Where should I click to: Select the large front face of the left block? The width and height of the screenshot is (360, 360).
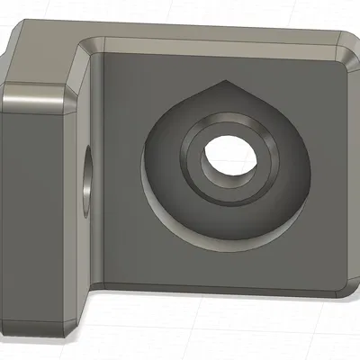pos(36,207)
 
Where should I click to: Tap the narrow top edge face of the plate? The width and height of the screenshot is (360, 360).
pos(216,41)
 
